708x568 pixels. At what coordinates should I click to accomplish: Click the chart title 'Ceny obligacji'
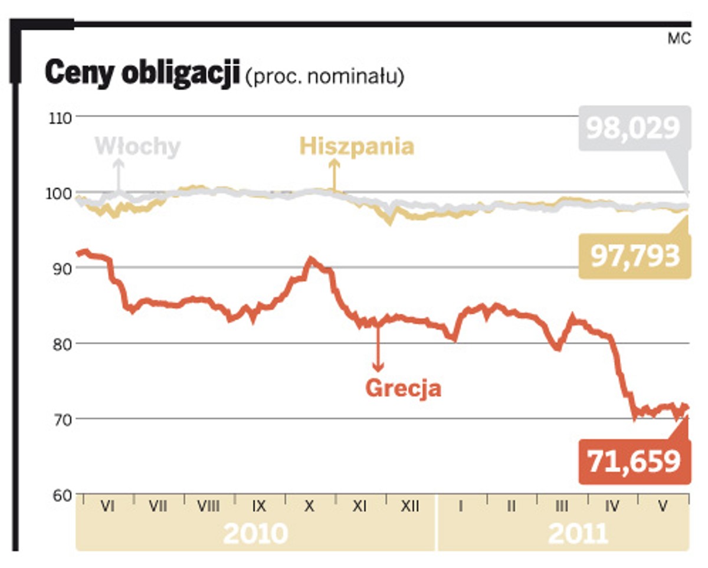pyautogui.click(x=142, y=74)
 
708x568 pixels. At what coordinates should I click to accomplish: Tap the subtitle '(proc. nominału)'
pyautogui.click(x=324, y=77)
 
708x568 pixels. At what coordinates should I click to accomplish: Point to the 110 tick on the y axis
pyautogui.click(x=61, y=117)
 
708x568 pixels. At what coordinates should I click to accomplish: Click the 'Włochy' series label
pyautogui.click(x=137, y=146)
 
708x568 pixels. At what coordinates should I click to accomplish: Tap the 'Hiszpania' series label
pyautogui.click(x=357, y=146)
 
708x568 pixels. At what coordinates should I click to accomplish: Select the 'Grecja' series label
pyautogui.click(x=404, y=389)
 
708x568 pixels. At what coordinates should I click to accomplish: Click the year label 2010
pyautogui.click(x=255, y=534)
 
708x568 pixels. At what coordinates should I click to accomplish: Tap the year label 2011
pyautogui.click(x=578, y=534)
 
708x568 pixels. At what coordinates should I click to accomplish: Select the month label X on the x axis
pyautogui.click(x=309, y=506)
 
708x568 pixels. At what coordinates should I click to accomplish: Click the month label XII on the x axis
pyautogui.click(x=410, y=506)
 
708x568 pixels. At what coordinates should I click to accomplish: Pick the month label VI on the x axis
pyautogui.click(x=107, y=506)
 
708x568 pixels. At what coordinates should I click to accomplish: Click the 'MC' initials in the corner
pyautogui.click(x=679, y=40)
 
